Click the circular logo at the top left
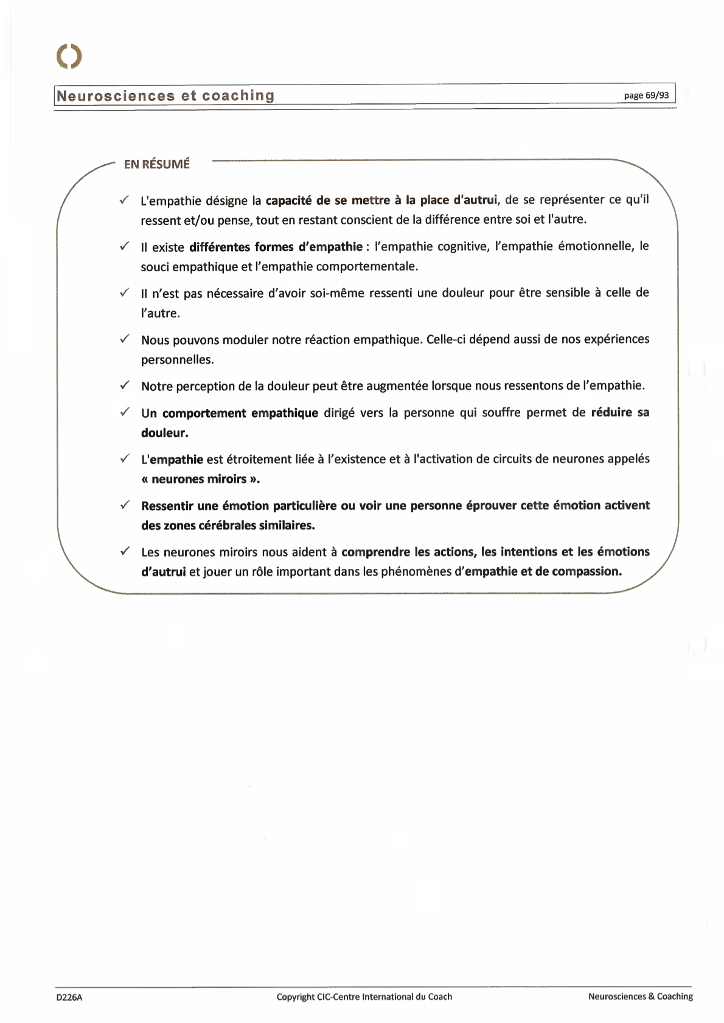pos(69,56)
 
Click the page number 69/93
pos(646,95)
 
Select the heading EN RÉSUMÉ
pos(156,164)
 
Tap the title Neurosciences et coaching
pos(165,95)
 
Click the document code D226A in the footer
pos(69,997)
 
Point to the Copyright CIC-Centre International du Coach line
pos(364,996)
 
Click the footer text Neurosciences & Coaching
pos(640,996)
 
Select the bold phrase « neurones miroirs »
pos(200,479)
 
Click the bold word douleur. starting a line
pos(164,433)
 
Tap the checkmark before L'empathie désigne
pos(124,199)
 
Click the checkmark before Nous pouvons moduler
pos(124,339)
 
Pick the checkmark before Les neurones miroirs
pos(124,551)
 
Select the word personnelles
pos(177,359)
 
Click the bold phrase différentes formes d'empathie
pos(276,247)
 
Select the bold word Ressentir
pos(167,506)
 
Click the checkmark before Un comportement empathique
pos(124,412)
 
